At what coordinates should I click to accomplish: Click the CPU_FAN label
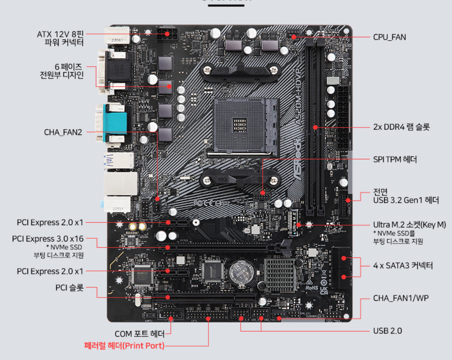pyautogui.click(x=389, y=37)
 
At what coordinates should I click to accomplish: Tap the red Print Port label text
pyautogui.click(x=124, y=346)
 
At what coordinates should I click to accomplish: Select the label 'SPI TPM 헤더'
pyautogui.click(x=395, y=159)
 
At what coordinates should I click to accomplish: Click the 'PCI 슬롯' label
pyautogui.click(x=69, y=288)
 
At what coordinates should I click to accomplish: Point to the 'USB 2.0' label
pyautogui.click(x=387, y=331)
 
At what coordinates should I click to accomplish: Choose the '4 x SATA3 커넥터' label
pyautogui.click(x=403, y=266)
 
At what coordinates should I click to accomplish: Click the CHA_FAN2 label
pyautogui.click(x=63, y=132)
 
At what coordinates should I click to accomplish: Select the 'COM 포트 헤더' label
pyautogui.click(x=139, y=333)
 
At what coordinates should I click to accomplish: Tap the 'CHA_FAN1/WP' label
pyautogui.click(x=395, y=298)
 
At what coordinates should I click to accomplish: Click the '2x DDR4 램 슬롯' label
pyautogui.click(x=401, y=127)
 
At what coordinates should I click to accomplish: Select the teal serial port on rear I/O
pyautogui.click(x=116, y=123)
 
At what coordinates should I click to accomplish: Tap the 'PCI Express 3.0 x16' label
pyautogui.click(x=48, y=239)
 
